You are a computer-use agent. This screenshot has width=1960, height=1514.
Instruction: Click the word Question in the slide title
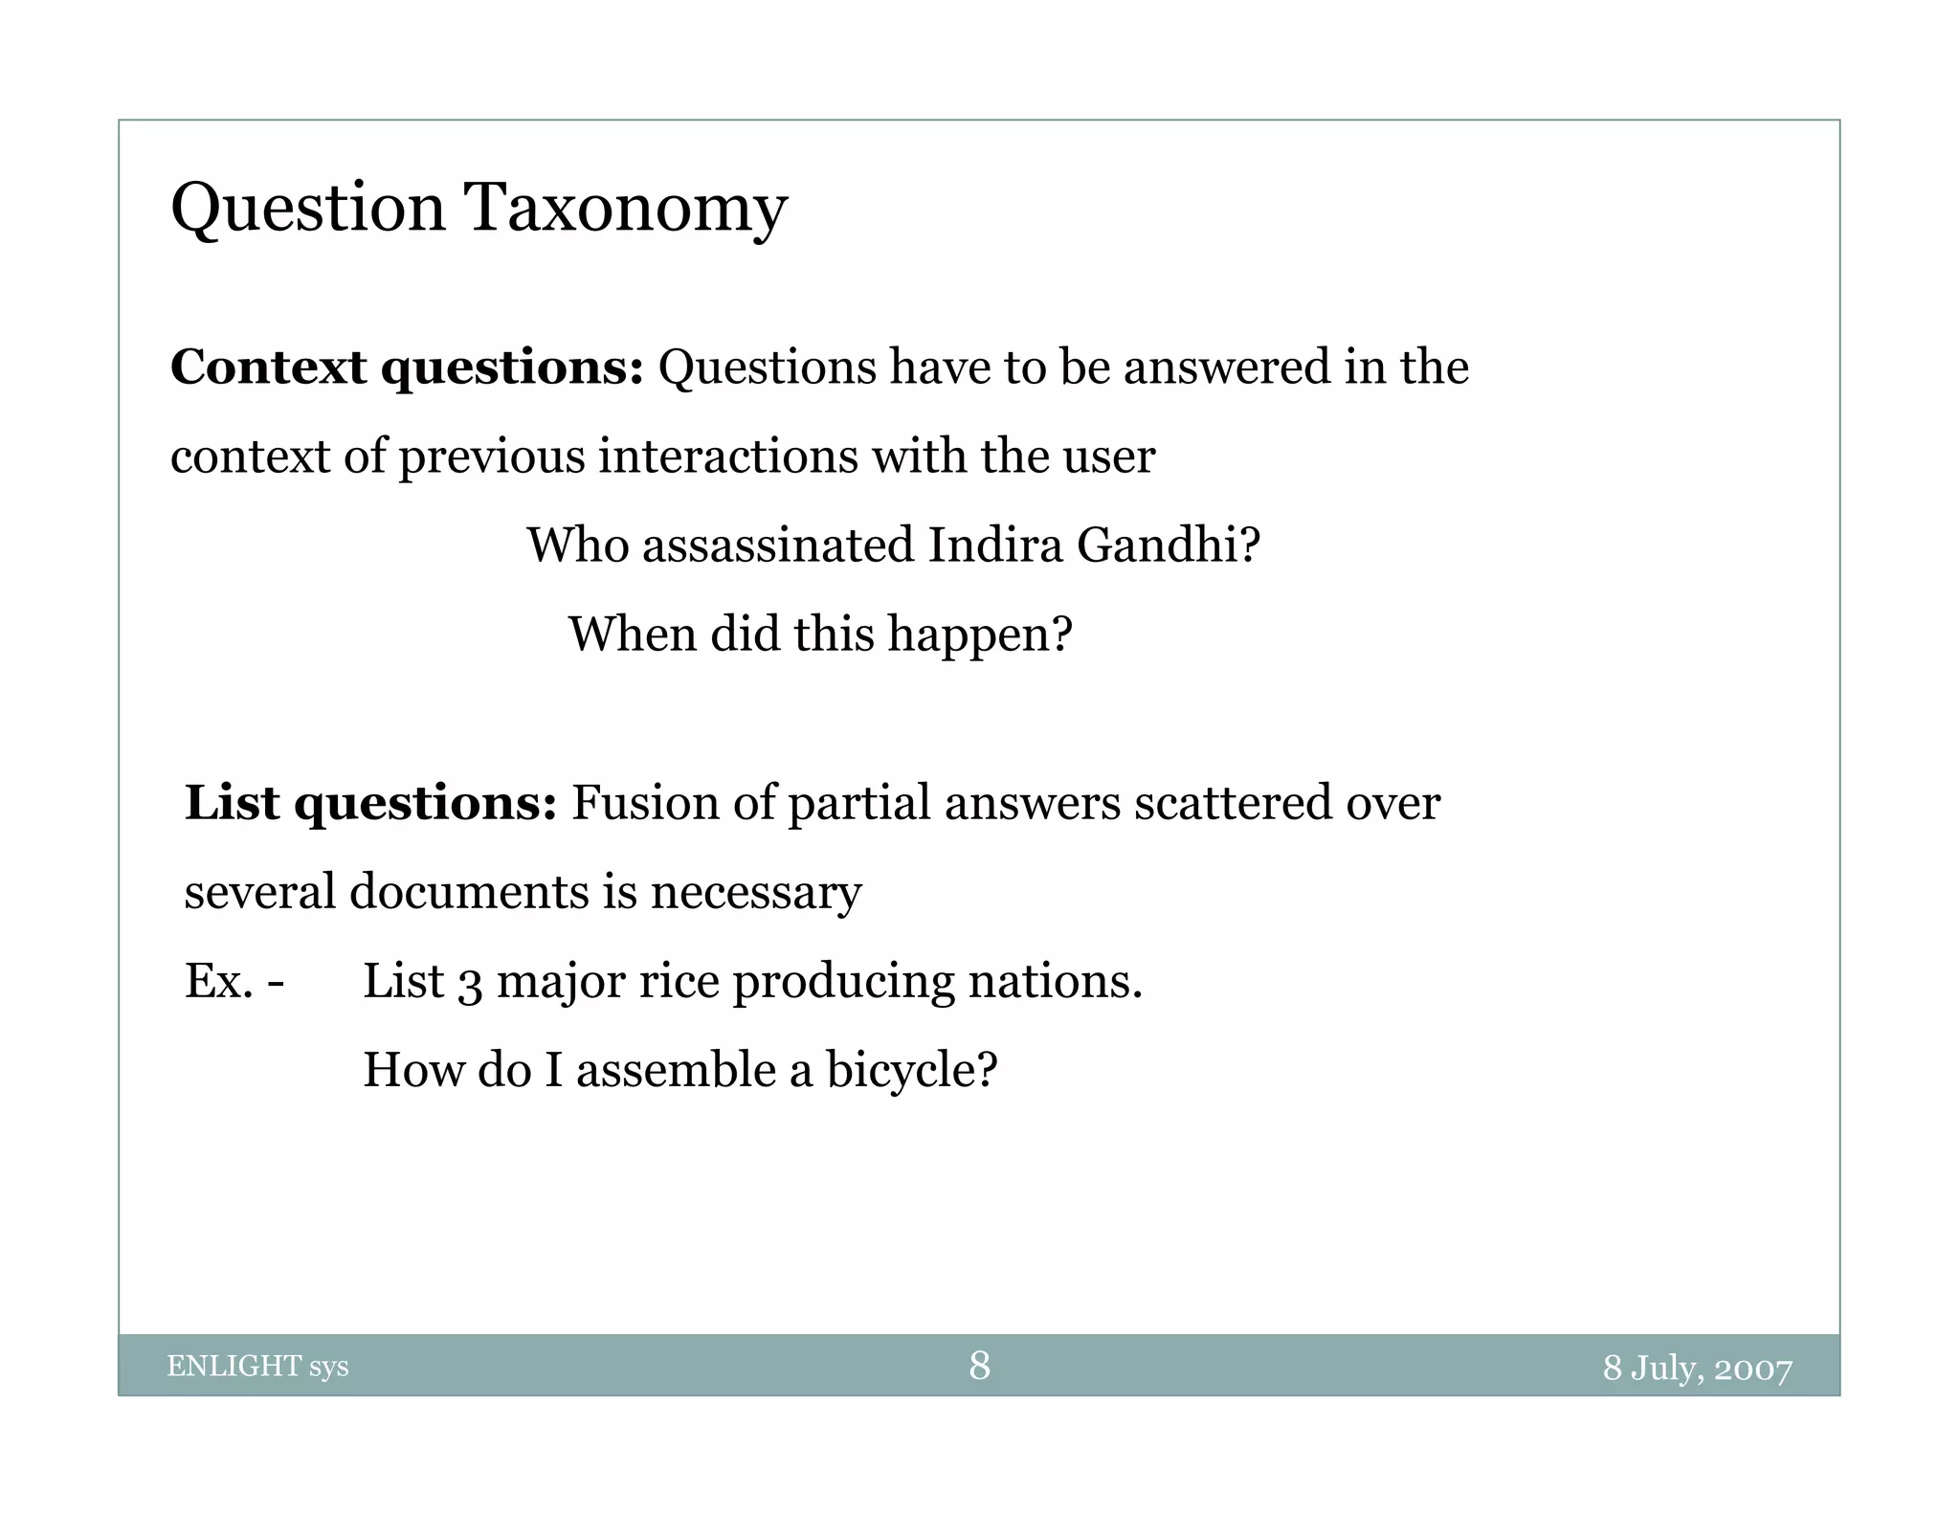[x=307, y=208]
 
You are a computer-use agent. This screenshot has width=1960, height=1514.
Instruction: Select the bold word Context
[x=268, y=367]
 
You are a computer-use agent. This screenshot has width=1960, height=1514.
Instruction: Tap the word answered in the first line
[x=1226, y=367]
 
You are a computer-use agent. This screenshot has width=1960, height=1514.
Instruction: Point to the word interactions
[x=727, y=456]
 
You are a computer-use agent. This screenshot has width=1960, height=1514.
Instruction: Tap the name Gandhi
[x=1168, y=545]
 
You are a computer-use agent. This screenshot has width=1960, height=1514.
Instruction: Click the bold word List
[x=232, y=803]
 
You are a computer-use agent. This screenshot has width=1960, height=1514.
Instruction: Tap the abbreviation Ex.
[x=219, y=981]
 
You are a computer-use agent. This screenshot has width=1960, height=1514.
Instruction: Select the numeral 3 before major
[x=470, y=984]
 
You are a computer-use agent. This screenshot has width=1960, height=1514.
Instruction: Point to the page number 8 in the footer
[x=979, y=1366]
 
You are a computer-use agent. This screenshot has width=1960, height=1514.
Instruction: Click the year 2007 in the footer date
[x=1752, y=1369]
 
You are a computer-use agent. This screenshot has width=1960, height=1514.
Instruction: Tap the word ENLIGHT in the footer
[x=234, y=1367]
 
